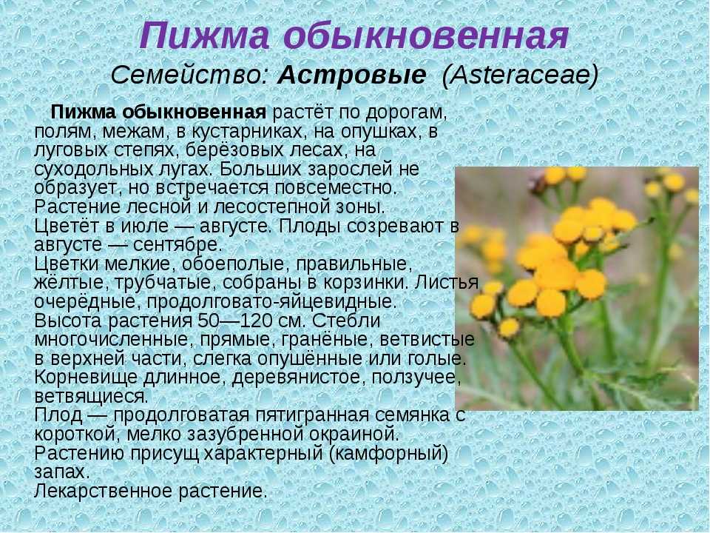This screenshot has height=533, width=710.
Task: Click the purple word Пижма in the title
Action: point(204,36)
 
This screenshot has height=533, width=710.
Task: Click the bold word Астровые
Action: point(352,75)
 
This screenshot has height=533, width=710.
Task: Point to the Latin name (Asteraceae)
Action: point(520,75)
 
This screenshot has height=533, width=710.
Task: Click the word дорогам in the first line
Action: point(406,113)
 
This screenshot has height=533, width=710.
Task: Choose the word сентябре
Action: point(177,245)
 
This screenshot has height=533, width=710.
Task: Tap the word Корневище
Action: point(86,378)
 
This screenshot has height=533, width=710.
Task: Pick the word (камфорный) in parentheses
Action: point(388,453)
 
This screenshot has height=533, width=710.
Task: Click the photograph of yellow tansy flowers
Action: point(577,288)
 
